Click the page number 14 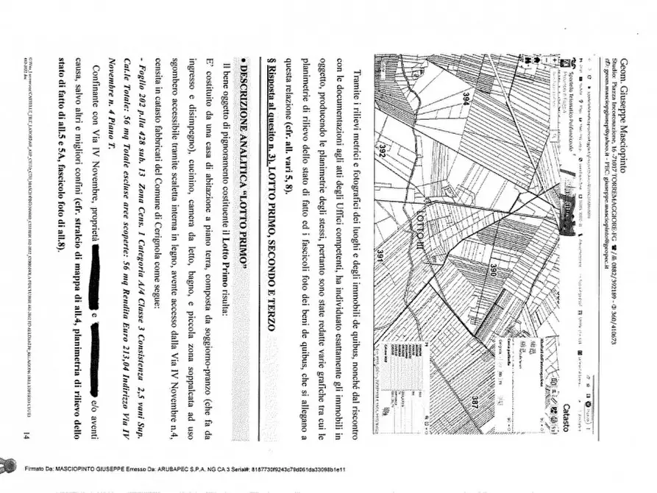tap(26, 437)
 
